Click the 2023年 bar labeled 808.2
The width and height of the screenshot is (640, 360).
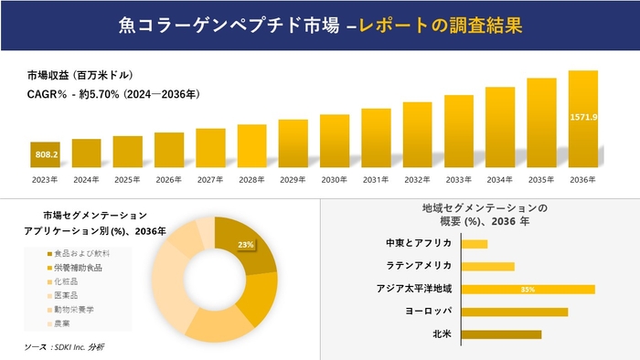coord(45,154)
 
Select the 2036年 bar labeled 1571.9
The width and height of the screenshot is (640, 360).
coord(582,119)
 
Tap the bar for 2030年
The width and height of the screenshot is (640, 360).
coord(335,141)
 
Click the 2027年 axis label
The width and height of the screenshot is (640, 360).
coord(210,179)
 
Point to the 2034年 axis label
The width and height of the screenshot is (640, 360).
coord(500,179)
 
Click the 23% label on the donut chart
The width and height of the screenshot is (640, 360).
coord(245,245)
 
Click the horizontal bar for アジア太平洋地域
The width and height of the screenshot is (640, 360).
coord(528,289)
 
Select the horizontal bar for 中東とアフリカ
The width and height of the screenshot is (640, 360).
coord(475,244)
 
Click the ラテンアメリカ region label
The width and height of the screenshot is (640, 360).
coord(421,266)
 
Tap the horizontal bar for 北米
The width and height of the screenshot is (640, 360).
coord(502,334)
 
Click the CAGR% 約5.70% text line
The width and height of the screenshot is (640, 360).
coord(113,94)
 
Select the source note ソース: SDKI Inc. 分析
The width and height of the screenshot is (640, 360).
coord(64,347)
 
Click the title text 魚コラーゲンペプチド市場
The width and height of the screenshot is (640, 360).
coord(209,25)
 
